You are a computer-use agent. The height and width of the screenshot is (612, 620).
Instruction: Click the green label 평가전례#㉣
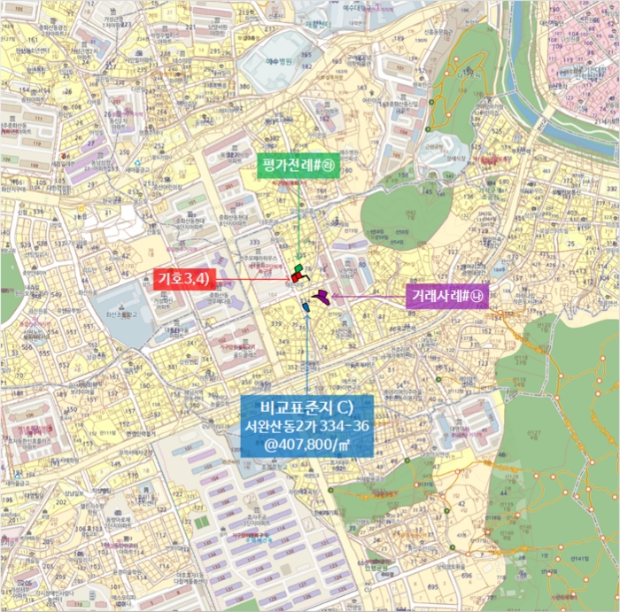click(x=298, y=166)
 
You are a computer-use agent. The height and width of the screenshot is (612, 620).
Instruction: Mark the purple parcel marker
click(x=321, y=297)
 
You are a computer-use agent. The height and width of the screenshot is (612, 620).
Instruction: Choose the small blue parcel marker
click(x=306, y=306)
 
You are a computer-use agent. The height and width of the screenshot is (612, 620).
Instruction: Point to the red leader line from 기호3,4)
click(x=248, y=279)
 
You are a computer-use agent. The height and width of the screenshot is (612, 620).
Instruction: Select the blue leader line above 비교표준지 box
click(x=306, y=354)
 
